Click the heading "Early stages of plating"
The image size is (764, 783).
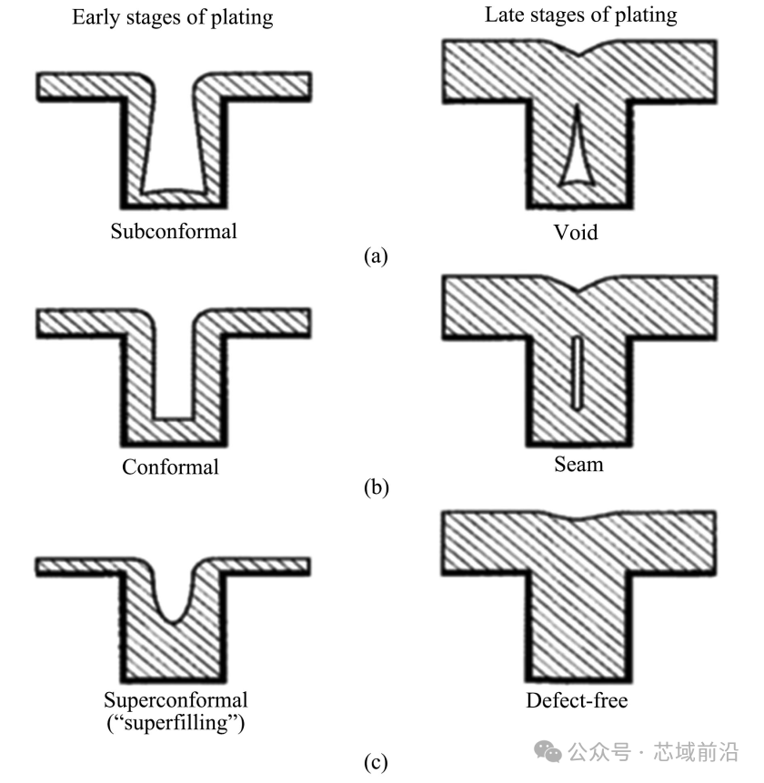pyautogui.click(x=173, y=17)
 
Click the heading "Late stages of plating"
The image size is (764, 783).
pyautogui.click(x=581, y=15)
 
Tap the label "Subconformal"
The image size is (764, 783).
pyautogui.click(x=174, y=231)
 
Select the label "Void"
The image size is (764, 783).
pyautogui.click(x=576, y=232)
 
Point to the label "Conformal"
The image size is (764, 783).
pyautogui.click(x=170, y=467)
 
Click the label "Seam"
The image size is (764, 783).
pyautogui.click(x=578, y=465)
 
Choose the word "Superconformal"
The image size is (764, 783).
pyautogui.click(x=176, y=699)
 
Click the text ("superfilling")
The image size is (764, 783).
pyautogui.click(x=176, y=723)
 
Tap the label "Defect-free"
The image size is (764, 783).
pyautogui.click(x=577, y=700)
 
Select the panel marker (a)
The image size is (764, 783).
pyautogui.click(x=376, y=256)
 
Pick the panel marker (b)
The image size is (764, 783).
pyautogui.click(x=377, y=487)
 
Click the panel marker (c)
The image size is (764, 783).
pyautogui.click(x=376, y=762)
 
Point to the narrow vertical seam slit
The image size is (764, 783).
pyautogui.click(x=578, y=374)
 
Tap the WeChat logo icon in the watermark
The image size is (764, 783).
pyautogui.click(x=548, y=751)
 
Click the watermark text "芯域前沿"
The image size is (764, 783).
pyautogui.click(x=696, y=752)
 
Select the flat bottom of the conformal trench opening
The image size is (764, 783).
pyautogui.click(x=174, y=418)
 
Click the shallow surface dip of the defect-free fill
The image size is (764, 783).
pyautogui.click(x=578, y=519)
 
